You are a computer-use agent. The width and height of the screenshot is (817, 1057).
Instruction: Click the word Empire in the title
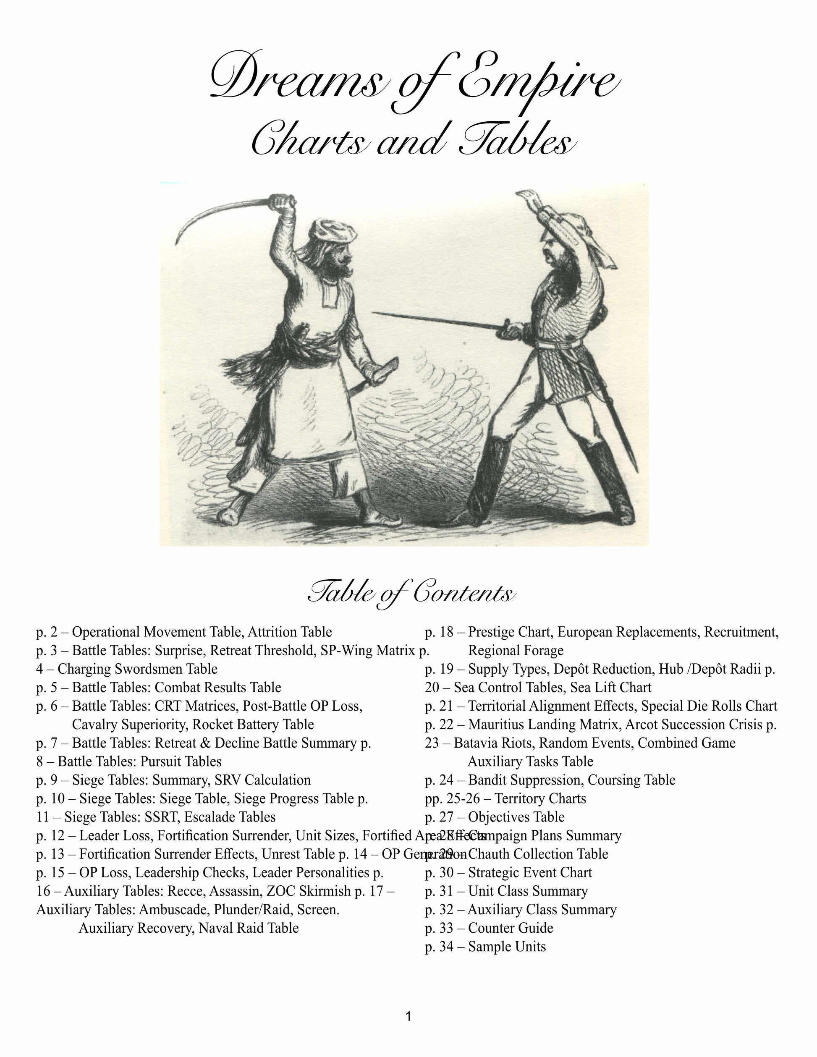coord(537,80)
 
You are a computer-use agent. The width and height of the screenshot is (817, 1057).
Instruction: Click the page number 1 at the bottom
coord(408,1016)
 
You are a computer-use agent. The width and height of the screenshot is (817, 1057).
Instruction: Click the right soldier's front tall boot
coord(489,479)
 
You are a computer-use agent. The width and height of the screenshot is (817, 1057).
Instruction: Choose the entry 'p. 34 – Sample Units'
coord(485,946)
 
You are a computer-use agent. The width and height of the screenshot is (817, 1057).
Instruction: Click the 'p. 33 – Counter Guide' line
coord(489,928)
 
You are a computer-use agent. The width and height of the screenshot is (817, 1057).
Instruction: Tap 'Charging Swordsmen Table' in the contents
coord(137,669)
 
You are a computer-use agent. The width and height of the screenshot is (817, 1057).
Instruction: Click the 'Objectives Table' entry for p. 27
coord(516,817)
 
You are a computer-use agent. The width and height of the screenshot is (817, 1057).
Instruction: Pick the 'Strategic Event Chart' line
coord(530,873)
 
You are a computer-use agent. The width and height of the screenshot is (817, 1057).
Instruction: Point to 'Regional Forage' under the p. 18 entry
coord(516,651)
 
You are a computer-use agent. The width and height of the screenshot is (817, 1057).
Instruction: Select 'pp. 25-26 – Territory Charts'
coord(505,798)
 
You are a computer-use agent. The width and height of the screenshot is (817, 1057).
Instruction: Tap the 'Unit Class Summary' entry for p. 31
coord(528,891)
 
